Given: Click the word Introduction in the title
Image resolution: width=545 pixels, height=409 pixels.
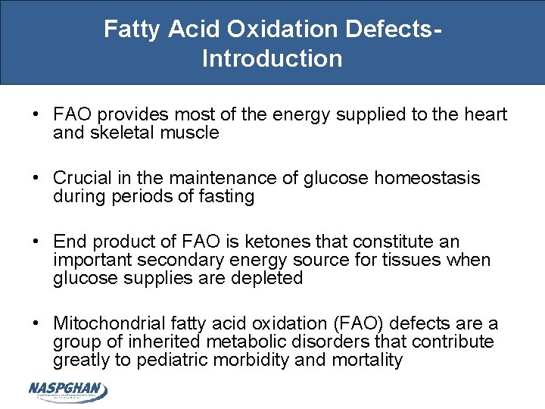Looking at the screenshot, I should pos(272,58).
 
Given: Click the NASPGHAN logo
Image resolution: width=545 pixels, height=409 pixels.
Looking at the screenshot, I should pos(67,391).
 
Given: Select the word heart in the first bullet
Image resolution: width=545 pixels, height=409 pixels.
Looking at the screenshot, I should pos(484,114).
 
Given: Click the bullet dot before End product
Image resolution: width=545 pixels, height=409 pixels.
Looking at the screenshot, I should pos(36,242).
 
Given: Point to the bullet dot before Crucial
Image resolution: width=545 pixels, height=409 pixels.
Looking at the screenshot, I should pos(36,178).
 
